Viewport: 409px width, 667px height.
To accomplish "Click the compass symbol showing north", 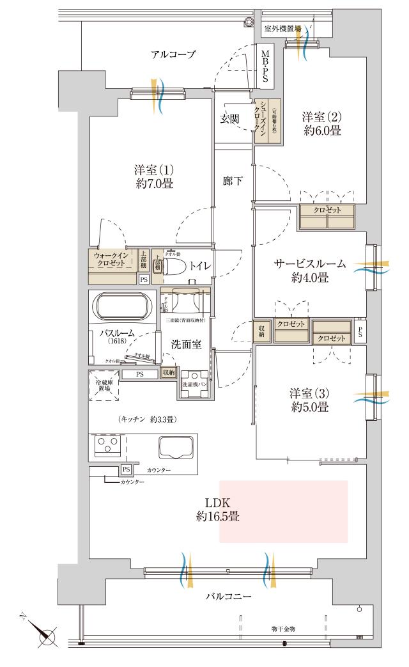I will pyautogui.click(x=45, y=637).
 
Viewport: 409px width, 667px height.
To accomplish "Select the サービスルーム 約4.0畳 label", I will pyautogui.click(x=310, y=271).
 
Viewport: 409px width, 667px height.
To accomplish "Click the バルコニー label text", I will pyautogui.click(x=228, y=596).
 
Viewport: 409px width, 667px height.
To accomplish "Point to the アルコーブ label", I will pyautogui.click(x=173, y=55).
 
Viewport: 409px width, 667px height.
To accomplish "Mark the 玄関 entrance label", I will pyautogui.click(x=229, y=119).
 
